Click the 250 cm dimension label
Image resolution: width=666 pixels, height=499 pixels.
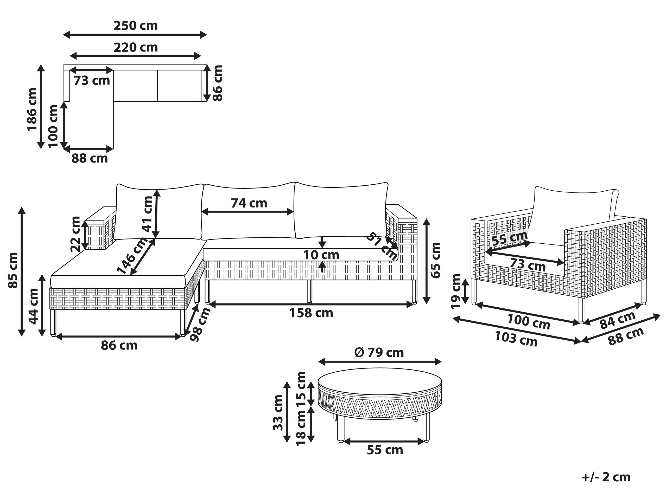(x=136, y=26)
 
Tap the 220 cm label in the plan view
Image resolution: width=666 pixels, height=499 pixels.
(x=136, y=48)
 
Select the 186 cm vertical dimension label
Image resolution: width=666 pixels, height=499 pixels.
(x=32, y=109)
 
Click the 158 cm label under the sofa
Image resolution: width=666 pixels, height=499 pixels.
(x=311, y=313)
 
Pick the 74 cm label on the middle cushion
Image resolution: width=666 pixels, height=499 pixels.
(x=249, y=203)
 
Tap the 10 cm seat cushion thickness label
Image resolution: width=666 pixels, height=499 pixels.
(x=321, y=255)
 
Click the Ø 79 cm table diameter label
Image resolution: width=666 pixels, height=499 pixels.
(x=379, y=353)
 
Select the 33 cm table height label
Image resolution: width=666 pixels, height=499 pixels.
(x=278, y=413)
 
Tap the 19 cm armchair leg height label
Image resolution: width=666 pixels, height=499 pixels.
(x=456, y=291)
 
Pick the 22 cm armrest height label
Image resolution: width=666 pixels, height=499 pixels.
(x=75, y=234)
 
